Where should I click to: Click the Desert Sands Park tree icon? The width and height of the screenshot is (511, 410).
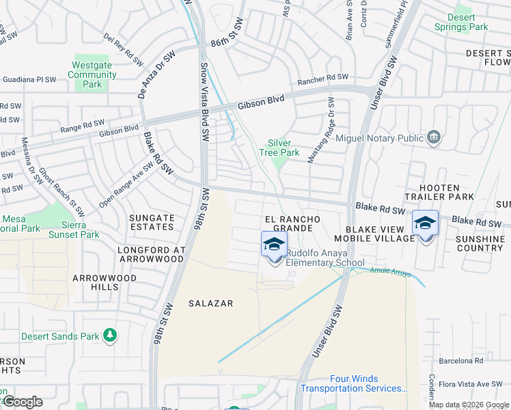coord(109,336)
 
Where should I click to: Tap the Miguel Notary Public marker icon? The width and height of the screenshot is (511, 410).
coord(433,137)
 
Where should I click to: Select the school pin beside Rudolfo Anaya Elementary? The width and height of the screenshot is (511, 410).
coord(275,245)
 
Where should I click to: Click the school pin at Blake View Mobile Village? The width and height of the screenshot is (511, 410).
coord(425,223)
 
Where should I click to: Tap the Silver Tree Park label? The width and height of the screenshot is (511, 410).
coord(284,148)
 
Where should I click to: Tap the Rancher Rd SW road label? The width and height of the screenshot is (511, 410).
coord(322,81)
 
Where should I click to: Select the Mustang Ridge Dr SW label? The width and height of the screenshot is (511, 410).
coord(321,137)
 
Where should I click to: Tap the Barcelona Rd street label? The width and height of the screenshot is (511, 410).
coord(461,360)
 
